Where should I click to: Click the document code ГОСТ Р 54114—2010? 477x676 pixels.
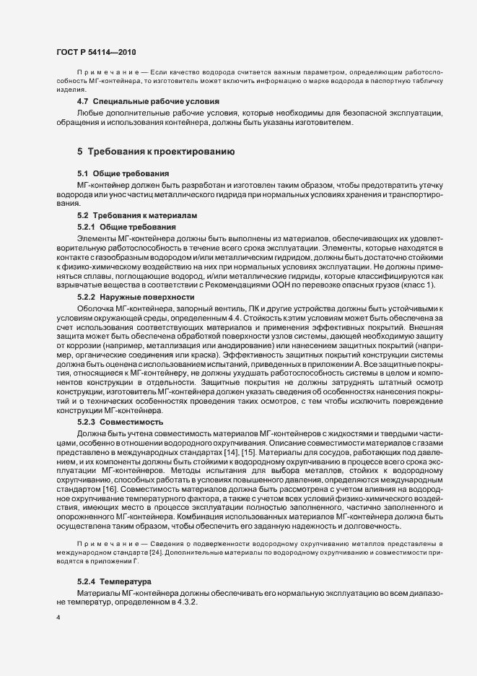click(x=95, y=53)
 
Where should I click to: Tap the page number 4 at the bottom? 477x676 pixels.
click(x=58, y=619)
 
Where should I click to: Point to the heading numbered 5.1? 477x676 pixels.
click(x=123, y=174)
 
